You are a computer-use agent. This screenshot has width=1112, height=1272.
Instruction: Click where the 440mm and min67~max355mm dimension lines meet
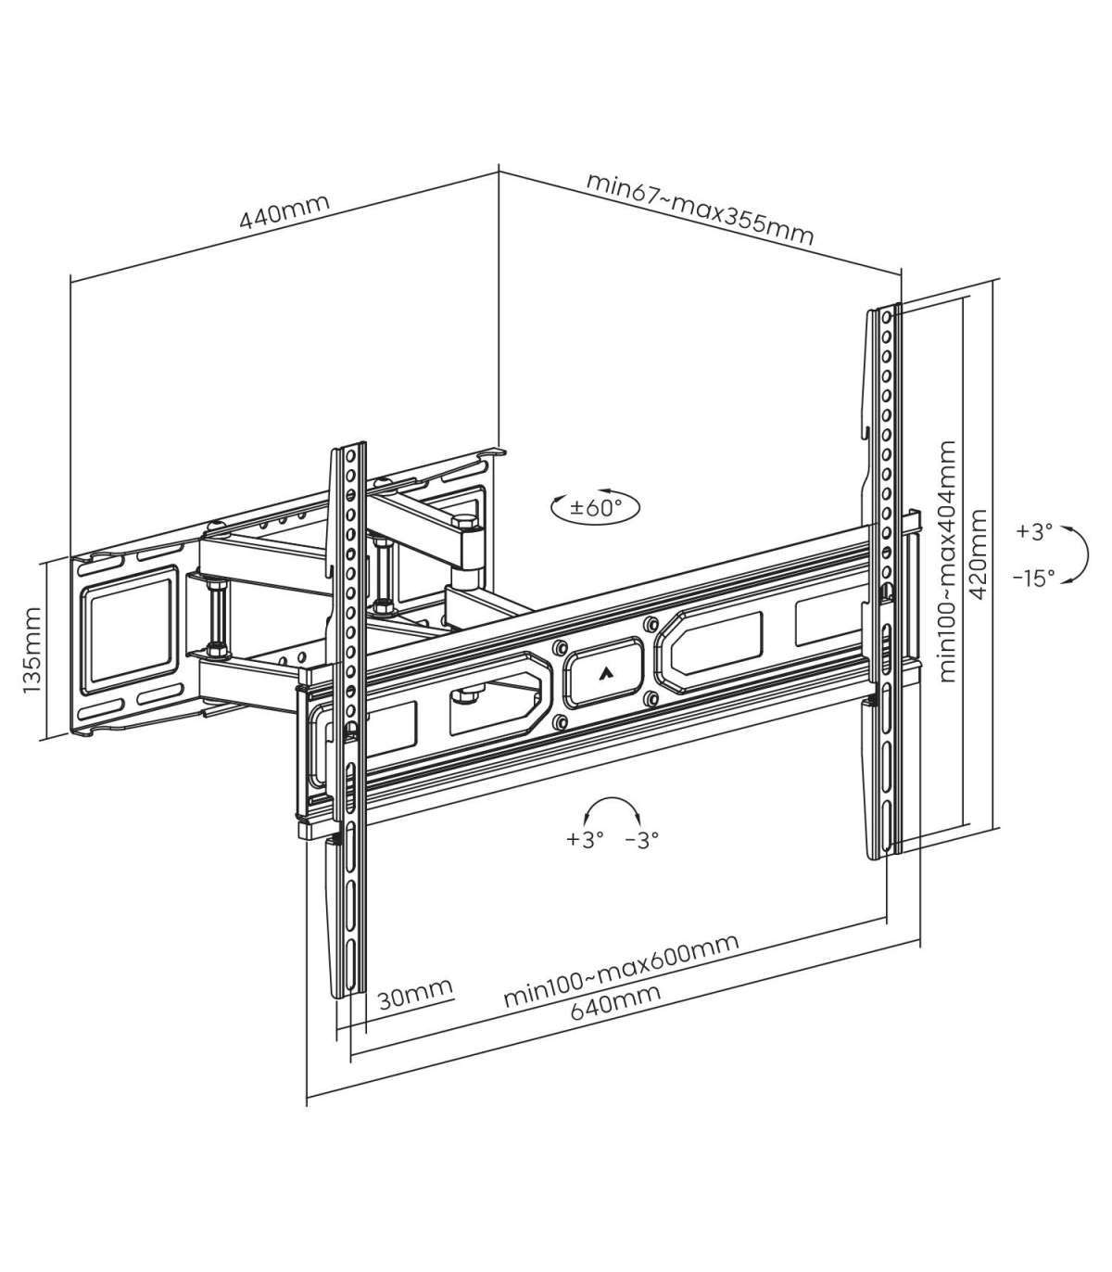click(x=499, y=172)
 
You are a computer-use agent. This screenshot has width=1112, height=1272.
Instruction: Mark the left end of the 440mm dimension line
click(x=70, y=282)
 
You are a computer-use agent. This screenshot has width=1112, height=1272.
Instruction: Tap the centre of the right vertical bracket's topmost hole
click(x=887, y=318)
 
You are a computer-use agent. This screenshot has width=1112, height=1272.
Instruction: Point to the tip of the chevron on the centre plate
click(x=604, y=669)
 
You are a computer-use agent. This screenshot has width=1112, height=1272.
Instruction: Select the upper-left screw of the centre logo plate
click(x=560, y=647)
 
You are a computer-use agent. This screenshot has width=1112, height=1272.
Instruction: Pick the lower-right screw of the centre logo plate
click(x=651, y=698)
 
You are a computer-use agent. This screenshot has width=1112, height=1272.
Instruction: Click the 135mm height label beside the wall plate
click(x=32, y=650)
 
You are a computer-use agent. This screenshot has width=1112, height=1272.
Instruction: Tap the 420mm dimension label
click(x=979, y=553)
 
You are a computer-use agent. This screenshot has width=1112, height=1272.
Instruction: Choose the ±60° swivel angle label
click(x=596, y=507)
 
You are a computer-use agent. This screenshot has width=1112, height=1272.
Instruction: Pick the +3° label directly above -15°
click(x=1034, y=531)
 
